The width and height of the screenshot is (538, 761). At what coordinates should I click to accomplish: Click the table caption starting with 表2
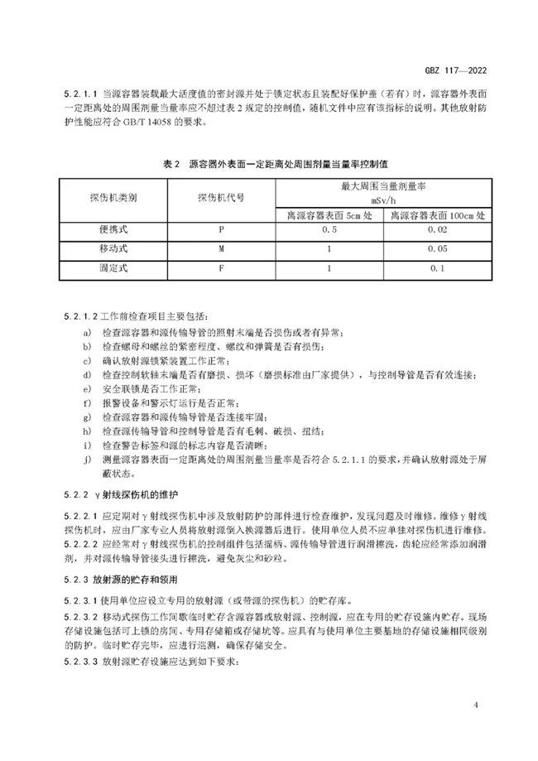pyautogui.click(x=269, y=165)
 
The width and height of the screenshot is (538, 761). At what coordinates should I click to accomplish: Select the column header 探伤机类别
pyautogui.click(x=113, y=200)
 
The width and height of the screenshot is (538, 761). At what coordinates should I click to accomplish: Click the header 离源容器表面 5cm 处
pyautogui.click(x=329, y=215)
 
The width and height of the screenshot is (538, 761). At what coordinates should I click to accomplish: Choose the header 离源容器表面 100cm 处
pyautogui.click(x=436, y=215)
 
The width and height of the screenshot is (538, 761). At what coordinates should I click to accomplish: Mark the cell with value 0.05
pyautogui.click(x=436, y=249)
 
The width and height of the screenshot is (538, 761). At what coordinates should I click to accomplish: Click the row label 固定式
pyautogui.click(x=113, y=268)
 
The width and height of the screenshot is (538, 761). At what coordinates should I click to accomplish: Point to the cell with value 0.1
pyautogui.click(x=436, y=268)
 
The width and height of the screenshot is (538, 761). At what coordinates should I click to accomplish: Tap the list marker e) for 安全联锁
pyautogui.click(x=87, y=388)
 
